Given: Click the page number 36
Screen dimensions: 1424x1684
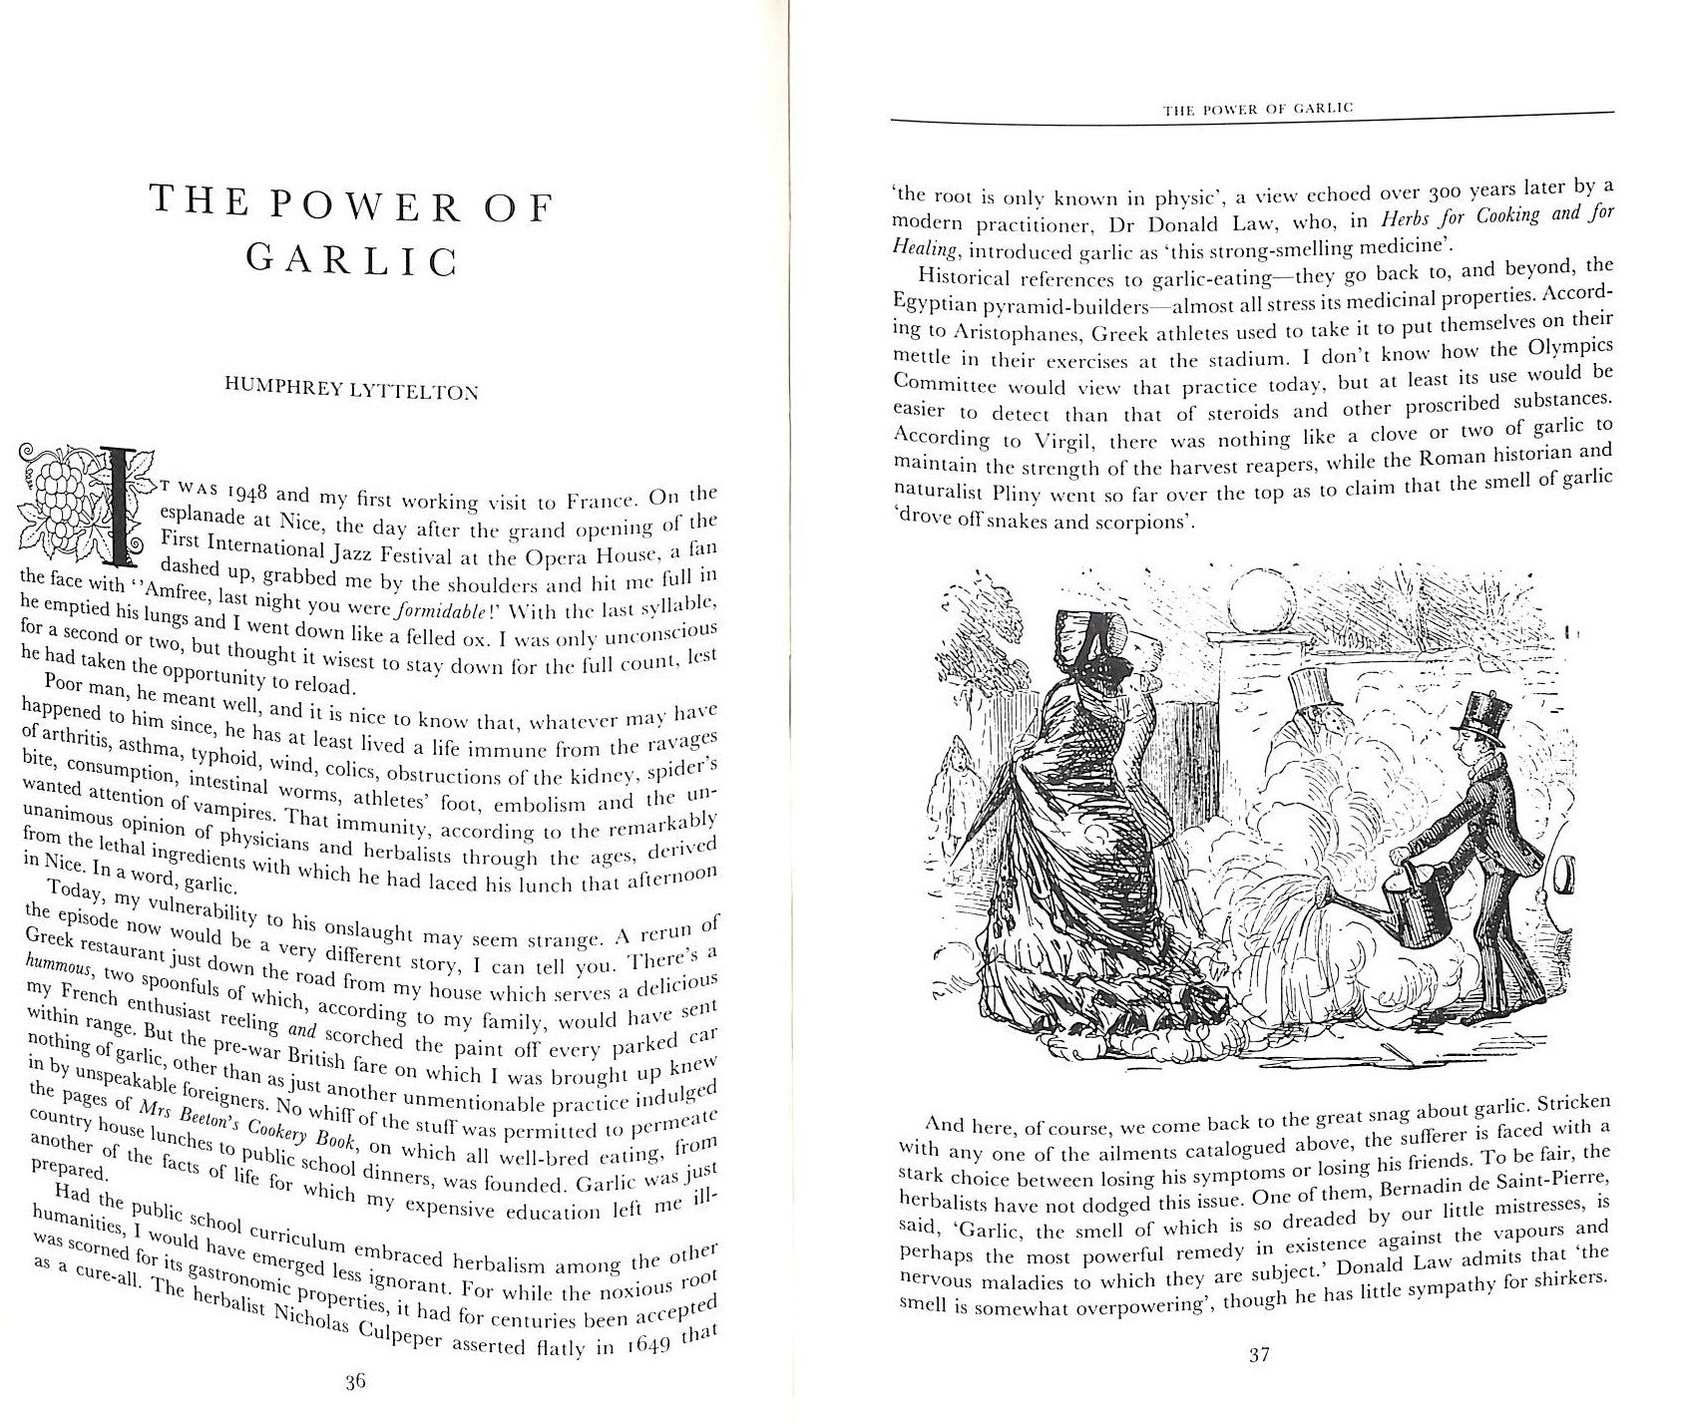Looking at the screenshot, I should click(356, 1381).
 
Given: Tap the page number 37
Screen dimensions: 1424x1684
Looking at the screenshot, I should click(1259, 1355).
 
